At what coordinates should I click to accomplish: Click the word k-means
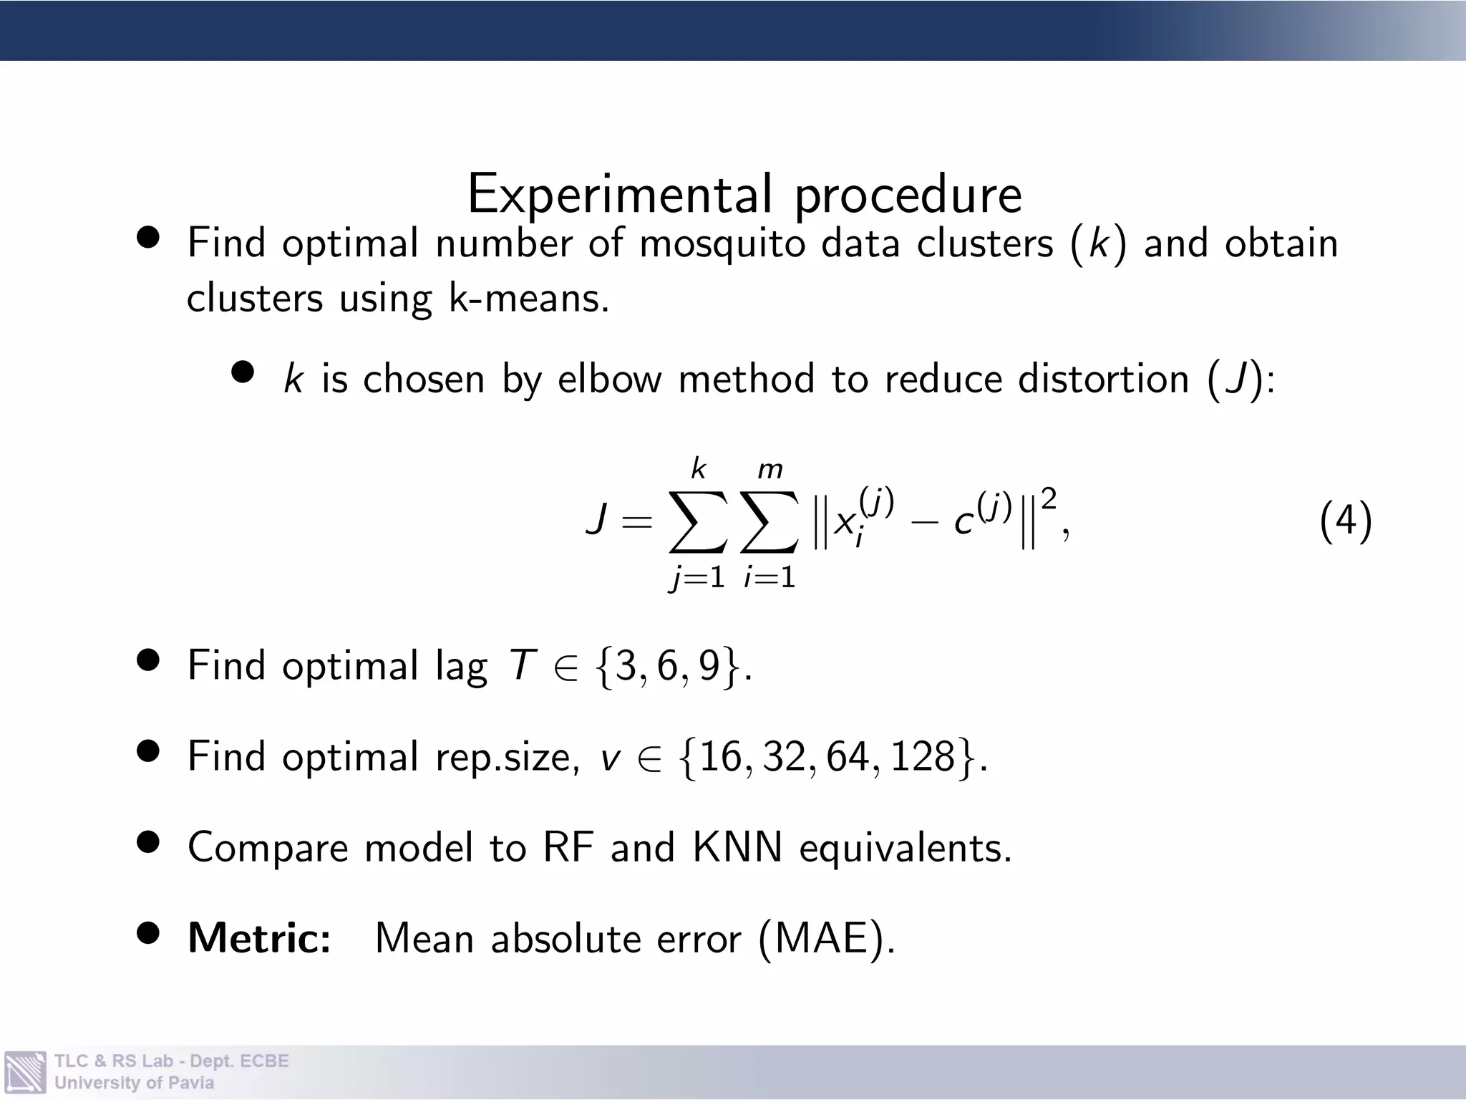tap(529, 298)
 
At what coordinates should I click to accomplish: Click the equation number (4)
tap(1345, 521)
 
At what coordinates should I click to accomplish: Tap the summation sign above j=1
tap(698, 522)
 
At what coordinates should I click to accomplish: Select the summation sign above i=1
tap(770, 522)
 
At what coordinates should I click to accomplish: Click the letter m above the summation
tap(770, 470)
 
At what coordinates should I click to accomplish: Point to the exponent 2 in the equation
tap(1049, 499)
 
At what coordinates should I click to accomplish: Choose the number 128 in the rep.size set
tap(923, 756)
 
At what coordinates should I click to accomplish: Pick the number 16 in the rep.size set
tap(722, 756)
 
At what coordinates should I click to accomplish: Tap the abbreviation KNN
tap(737, 847)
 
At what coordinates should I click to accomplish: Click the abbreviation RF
tap(568, 847)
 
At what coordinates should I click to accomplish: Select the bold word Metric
tap(259, 937)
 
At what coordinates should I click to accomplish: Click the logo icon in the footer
tap(25, 1071)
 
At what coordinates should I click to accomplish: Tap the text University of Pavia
tap(134, 1083)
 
